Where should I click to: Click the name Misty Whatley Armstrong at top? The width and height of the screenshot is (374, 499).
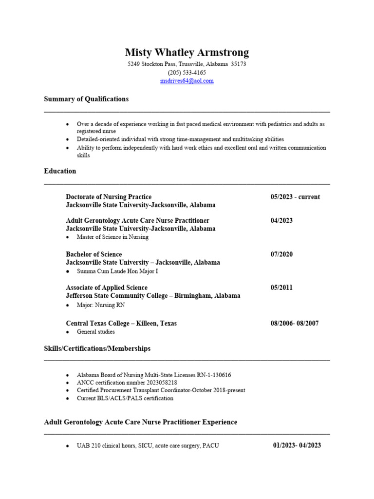click(x=187, y=53)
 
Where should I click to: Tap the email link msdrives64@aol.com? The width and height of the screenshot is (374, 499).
click(x=187, y=81)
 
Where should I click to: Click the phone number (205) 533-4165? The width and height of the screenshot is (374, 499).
click(x=187, y=73)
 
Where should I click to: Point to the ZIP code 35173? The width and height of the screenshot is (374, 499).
click(x=239, y=64)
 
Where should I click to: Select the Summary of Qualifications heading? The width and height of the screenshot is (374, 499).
click(x=86, y=99)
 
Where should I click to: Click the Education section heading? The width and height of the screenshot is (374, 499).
click(x=60, y=171)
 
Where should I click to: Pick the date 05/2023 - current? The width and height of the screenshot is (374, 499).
click(x=295, y=197)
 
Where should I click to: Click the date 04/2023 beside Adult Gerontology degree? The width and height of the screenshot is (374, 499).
click(x=281, y=220)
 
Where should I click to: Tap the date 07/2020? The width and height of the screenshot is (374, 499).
click(x=281, y=254)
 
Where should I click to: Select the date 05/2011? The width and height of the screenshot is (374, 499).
click(x=281, y=288)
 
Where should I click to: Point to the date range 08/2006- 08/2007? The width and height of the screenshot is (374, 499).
click(x=295, y=323)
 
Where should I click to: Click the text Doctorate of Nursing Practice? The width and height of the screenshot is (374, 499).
click(x=109, y=197)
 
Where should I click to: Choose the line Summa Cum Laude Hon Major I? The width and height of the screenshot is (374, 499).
click(x=117, y=271)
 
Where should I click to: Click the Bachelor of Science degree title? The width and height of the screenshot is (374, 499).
click(x=94, y=254)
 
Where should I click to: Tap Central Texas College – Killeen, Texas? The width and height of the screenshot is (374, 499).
click(x=121, y=323)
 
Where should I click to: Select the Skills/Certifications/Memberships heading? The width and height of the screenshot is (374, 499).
click(x=97, y=348)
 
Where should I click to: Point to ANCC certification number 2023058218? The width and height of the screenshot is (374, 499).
click(x=127, y=383)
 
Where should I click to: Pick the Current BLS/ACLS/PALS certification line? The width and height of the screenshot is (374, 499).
click(x=125, y=398)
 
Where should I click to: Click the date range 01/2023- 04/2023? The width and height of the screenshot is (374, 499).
click(x=297, y=445)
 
